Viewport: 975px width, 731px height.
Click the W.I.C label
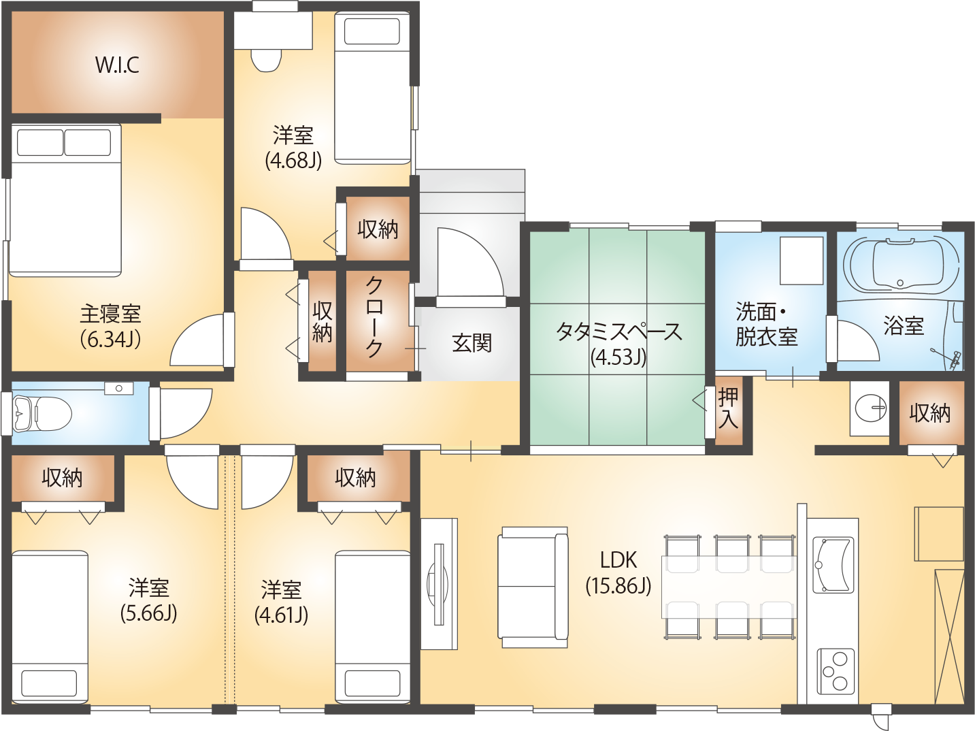click(117, 65)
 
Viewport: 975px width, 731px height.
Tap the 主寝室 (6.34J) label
click(111, 326)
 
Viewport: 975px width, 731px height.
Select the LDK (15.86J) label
click(618, 573)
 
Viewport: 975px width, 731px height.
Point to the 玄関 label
click(472, 343)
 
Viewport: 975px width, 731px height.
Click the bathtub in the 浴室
click(900, 265)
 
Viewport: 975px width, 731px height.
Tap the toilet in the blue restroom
click(43, 414)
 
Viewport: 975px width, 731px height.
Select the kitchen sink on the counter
click(833, 565)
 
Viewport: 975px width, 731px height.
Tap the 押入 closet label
click(728, 408)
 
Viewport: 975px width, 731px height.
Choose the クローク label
click(374, 317)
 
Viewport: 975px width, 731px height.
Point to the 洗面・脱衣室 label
click(766, 325)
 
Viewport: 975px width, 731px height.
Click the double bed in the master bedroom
click(65, 200)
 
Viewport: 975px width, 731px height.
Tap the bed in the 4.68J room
click(372, 88)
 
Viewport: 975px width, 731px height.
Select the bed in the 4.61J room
click(372, 627)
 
